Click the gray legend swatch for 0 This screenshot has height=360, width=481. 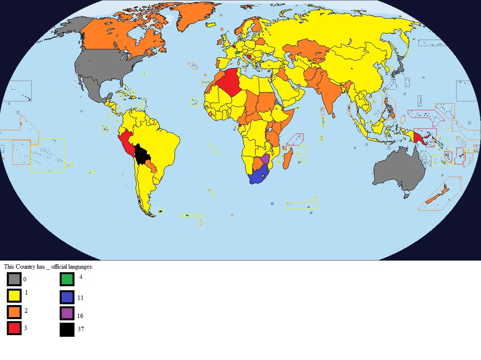click(x=14, y=279)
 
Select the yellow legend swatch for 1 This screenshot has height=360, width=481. click(x=14, y=296)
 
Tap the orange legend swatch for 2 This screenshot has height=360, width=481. click(x=14, y=311)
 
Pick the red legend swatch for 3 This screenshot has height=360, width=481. click(x=14, y=328)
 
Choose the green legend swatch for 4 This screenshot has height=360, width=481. click(x=67, y=279)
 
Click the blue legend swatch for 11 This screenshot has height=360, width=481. click(x=67, y=297)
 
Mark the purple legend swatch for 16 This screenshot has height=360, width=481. click(x=67, y=313)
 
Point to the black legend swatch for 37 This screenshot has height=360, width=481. click(x=67, y=330)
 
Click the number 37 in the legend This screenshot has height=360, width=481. click(x=80, y=330)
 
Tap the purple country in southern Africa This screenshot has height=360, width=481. click(x=265, y=159)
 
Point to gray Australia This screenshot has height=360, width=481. click(x=398, y=170)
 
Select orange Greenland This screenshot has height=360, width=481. click(x=192, y=16)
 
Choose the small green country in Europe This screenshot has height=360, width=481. click(x=237, y=52)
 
